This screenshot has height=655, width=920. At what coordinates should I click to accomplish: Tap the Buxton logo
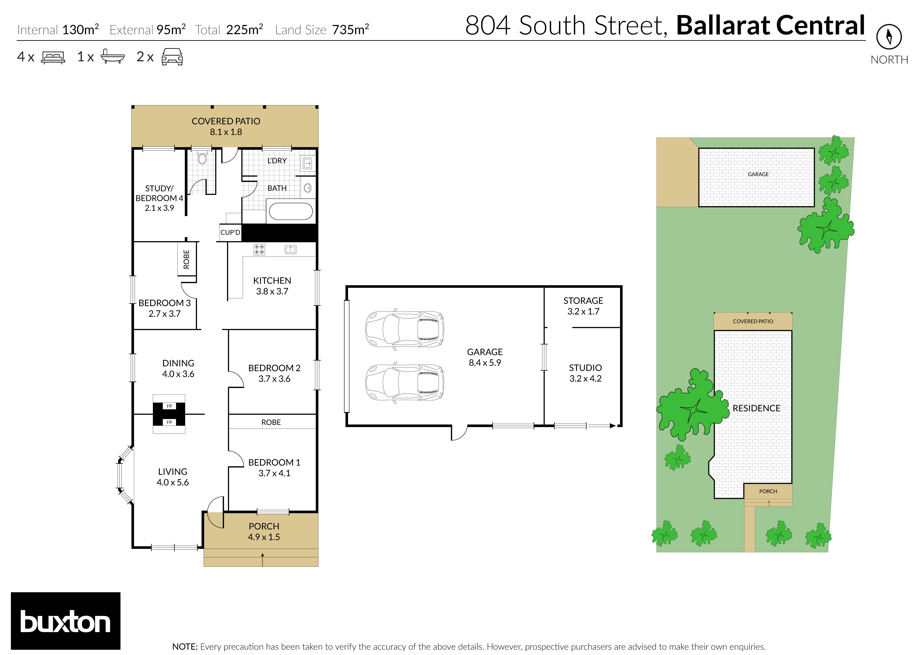coord(65,621)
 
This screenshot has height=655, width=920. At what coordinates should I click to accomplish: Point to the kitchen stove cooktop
coord(259,249)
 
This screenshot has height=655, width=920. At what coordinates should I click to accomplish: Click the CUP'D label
coord(230,232)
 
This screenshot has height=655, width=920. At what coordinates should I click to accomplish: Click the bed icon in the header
coord(53,57)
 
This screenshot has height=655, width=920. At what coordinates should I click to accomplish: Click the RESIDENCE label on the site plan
coord(756,408)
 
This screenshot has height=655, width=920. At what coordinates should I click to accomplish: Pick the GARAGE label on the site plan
coord(758,174)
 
